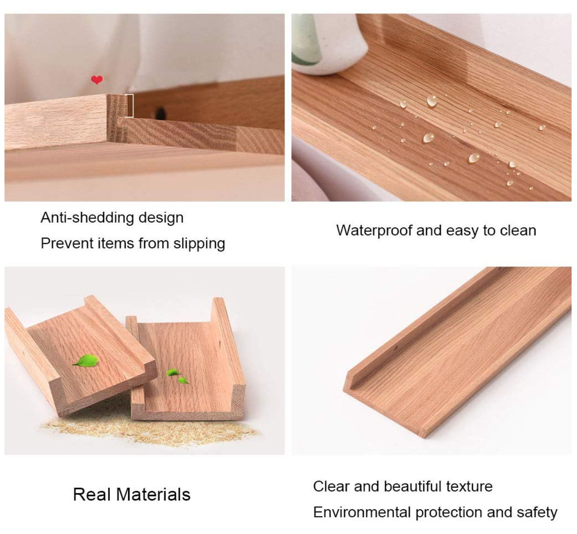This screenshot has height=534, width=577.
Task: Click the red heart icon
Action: [x=97, y=80]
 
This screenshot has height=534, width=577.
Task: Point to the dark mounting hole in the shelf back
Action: [x=160, y=113]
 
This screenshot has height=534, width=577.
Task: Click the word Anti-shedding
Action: [x=87, y=217]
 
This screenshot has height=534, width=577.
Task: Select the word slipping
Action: [x=199, y=244]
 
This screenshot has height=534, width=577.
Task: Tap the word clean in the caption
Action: [x=518, y=231]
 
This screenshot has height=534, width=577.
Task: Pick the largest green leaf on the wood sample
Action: [x=85, y=361]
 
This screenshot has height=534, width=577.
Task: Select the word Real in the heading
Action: [x=92, y=494]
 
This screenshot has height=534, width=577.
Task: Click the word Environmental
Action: [x=362, y=512]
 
